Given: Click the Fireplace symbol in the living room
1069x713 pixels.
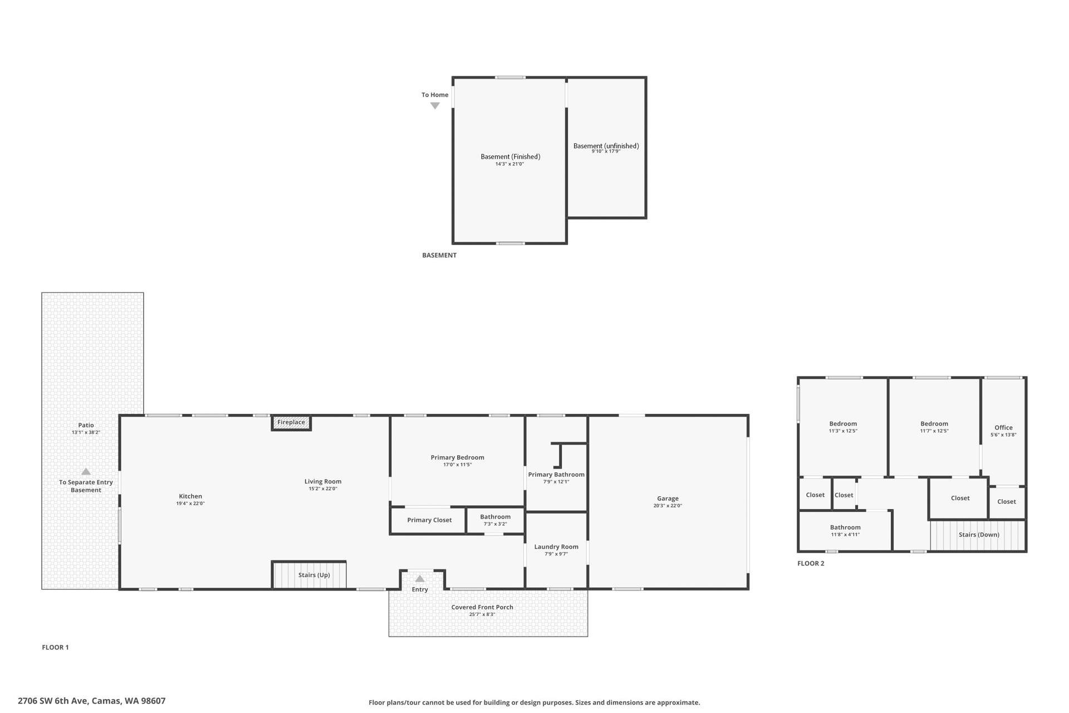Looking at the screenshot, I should click(x=291, y=423).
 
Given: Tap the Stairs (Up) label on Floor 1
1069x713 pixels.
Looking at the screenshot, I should click(x=314, y=575).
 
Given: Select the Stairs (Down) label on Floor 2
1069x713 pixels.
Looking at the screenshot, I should click(x=979, y=535).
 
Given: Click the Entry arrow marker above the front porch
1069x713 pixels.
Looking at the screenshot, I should click(x=420, y=579).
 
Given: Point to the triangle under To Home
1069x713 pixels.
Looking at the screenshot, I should click(x=435, y=106).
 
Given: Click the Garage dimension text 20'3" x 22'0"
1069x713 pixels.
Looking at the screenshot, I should click(x=668, y=506).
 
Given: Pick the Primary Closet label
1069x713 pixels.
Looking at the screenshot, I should click(x=429, y=520).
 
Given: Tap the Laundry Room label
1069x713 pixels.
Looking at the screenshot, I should click(x=556, y=547).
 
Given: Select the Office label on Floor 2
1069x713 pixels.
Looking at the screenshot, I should click(x=1003, y=428).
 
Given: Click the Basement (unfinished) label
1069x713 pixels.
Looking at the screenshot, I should click(x=606, y=146).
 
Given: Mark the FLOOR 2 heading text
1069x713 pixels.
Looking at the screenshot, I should click(x=811, y=564).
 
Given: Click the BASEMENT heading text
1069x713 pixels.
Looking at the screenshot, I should click(x=439, y=256).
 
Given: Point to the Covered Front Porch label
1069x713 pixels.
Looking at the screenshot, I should click(x=482, y=607).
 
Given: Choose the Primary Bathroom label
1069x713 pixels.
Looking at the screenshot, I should click(x=556, y=475).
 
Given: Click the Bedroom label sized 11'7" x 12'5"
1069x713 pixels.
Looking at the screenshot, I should click(x=934, y=424).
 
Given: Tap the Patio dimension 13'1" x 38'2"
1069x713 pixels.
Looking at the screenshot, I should click(x=86, y=432).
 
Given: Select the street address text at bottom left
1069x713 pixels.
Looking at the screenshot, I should click(x=92, y=701).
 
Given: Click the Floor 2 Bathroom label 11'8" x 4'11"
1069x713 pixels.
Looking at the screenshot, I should click(x=845, y=528).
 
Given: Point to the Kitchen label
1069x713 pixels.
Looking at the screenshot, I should click(x=190, y=496).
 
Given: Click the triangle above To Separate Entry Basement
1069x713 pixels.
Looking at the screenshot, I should click(x=86, y=472).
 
